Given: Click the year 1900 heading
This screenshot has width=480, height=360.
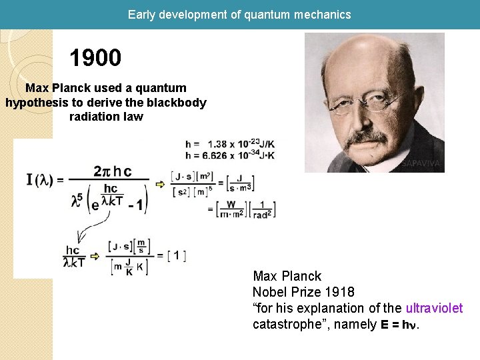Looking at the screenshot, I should (95, 58).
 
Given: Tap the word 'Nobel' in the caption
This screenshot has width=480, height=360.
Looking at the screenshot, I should (269, 292).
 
